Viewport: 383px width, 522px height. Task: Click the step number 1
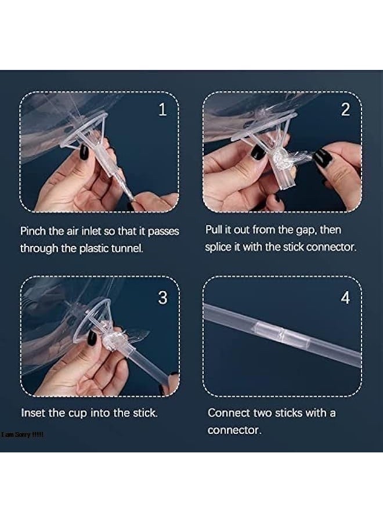(x=162, y=109)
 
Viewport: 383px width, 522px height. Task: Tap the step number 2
(x=345, y=110)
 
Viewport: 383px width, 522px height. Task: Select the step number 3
(x=162, y=298)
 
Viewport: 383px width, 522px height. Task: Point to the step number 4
(x=345, y=298)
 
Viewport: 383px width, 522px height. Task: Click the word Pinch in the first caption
(x=33, y=231)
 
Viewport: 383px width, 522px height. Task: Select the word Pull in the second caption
(x=213, y=230)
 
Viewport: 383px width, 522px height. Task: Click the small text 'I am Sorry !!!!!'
(x=22, y=434)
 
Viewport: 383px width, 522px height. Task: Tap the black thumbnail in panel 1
(x=83, y=153)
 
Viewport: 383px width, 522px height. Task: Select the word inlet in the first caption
(x=91, y=231)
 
